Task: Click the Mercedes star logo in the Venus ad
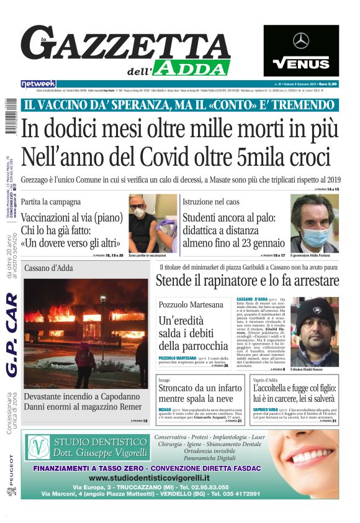point(301,41)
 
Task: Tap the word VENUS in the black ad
point(301,63)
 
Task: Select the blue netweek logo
point(38,84)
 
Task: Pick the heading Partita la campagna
point(50,202)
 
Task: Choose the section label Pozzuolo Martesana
point(191,305)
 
